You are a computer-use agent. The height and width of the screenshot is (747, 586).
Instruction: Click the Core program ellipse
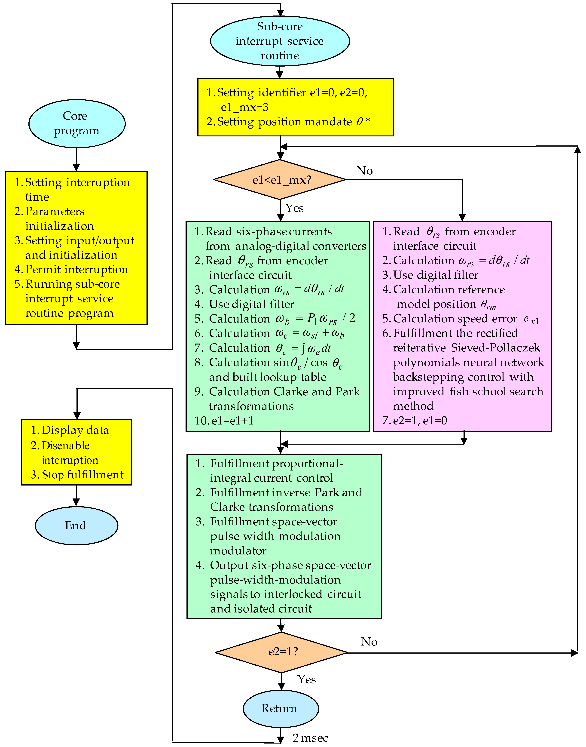coord(76,123)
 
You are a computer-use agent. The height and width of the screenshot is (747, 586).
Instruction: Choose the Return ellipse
coord(281,708)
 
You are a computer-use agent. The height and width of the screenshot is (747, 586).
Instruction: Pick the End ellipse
coord(76,525)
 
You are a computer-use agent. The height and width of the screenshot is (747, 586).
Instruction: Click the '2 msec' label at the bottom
coord(310,738)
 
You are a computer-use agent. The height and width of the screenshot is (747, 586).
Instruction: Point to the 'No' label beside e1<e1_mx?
coord(364,171)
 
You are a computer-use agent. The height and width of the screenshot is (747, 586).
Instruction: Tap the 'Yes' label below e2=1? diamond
coord(306,679)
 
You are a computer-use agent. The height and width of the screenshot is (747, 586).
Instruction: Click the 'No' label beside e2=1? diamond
coord(369,642)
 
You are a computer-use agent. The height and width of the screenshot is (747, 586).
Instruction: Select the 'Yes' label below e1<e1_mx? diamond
coord(294,208)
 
